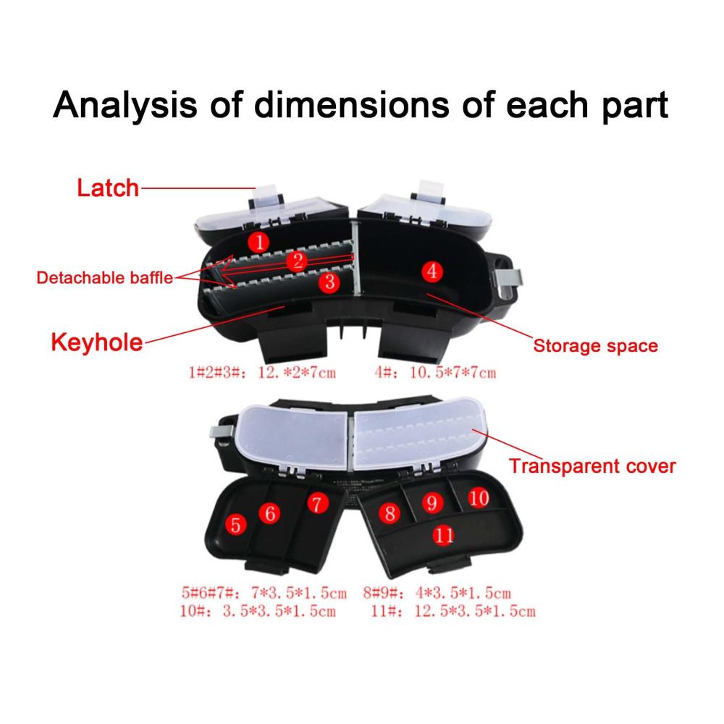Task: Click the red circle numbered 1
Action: (259, 242)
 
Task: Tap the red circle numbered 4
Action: (432, 271)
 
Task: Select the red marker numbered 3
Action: (329, 282)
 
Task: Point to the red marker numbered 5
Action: (235, 525)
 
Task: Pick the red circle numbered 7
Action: (317, 504)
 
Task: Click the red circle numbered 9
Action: (432, 502)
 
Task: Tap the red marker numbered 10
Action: (479, 498)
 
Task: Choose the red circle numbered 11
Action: (444, 535)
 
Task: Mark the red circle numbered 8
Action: (390, 513)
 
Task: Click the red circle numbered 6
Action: (270, 513)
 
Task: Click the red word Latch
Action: (108, 188)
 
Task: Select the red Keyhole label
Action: (97, 342)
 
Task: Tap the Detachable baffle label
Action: (105, 277)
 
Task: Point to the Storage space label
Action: (596, 346)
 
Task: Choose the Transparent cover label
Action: (592, 466)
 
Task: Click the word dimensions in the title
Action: (351, 104)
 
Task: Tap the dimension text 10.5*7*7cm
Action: (453, 373)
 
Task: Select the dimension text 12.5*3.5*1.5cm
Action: (475, 611)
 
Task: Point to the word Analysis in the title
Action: (125, 105)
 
